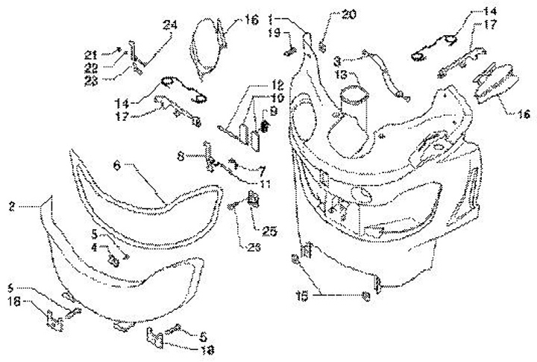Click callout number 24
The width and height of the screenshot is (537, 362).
coord(171,25)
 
